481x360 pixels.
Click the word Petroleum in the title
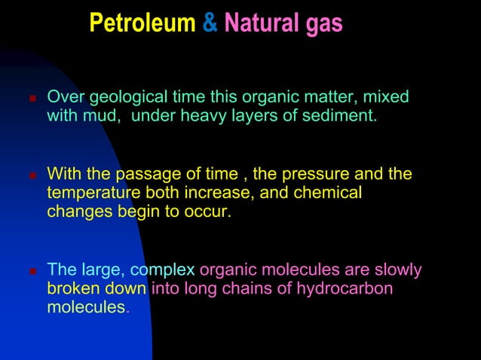click(x=142, y=23)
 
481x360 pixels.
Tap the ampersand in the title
click(x=210, y=23)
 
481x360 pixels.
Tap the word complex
click(x=163, y=270)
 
